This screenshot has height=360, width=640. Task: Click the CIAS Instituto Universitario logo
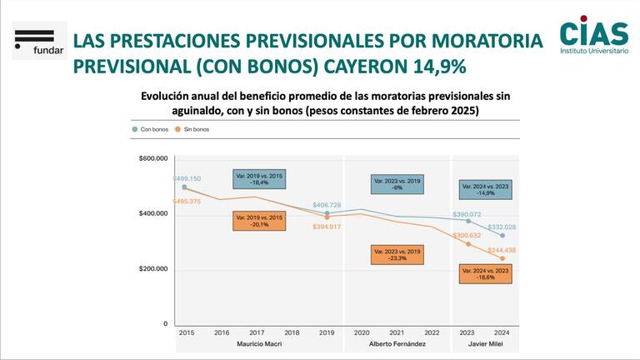click(x=593, y=37)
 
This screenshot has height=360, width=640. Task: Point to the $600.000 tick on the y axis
click(x=152, y=158)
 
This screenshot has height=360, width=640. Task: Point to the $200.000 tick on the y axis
click(x=152, y=269)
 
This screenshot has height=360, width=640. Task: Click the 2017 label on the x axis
click(x=257, y=332)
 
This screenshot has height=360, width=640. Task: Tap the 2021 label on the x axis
click(x=397, y=332)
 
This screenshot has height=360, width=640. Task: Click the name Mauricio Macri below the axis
click(x=257, y=343)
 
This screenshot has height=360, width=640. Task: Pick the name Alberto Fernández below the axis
click(x=397, y=343)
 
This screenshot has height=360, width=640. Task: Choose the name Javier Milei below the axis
click(x=485, y=343)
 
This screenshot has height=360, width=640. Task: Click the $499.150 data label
click(x=186, y=178)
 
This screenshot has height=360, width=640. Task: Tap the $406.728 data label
click(x=326, y=205)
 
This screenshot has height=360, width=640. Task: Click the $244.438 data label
click(x=502, y=250)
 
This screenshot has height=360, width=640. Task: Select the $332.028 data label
click(x=502, y=227)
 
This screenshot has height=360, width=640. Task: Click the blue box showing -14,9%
click(x=485, y=188)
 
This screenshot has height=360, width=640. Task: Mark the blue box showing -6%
click(x=397, y=183)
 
